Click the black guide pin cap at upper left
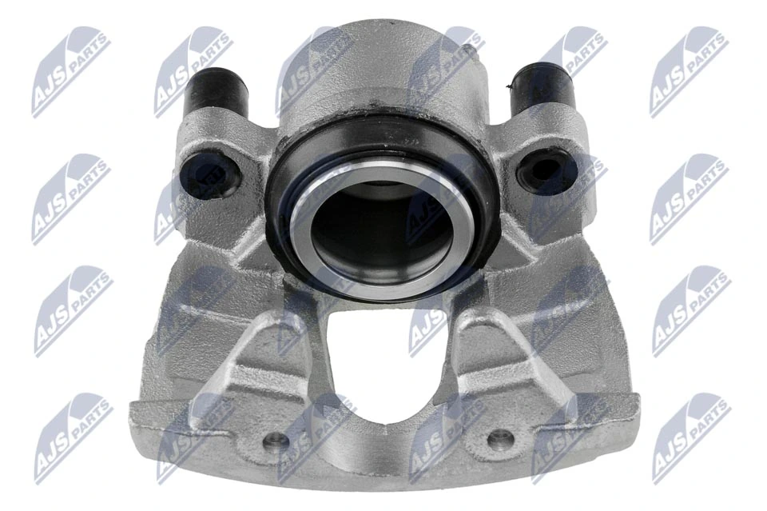click(215, 90)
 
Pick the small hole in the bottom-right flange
click(499, 437)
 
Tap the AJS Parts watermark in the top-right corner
click(688, 71)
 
